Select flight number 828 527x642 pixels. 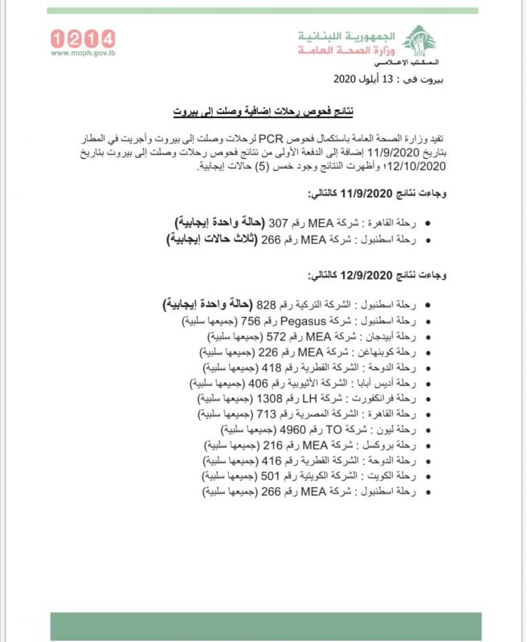point(266,306)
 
